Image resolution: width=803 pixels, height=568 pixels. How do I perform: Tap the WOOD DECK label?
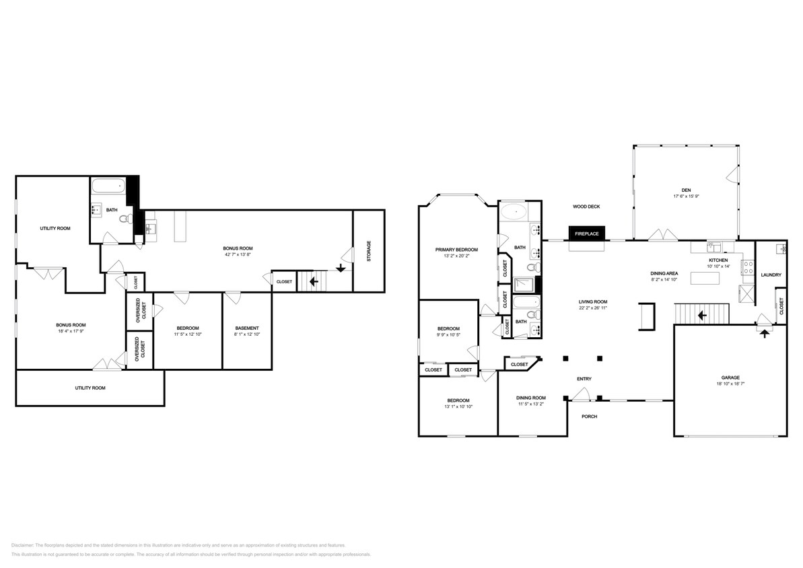click(586, 207)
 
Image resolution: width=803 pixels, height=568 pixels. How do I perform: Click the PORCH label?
click(589, 417)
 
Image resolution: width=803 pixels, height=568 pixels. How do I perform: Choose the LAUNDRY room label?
click(771, 275)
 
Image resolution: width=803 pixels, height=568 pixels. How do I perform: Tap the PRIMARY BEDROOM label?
click(456, 250)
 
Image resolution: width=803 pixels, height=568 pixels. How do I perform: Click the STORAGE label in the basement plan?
click(368, 252)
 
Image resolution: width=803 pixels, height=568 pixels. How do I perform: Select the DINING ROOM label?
click(531, 398)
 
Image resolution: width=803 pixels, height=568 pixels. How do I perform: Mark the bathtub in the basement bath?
click(108, 186)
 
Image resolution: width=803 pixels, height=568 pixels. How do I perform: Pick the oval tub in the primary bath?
click(514, 211)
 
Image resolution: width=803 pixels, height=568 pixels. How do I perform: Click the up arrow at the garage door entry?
click(764, 333)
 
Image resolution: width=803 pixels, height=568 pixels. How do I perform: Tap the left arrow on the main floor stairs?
click(701, 315)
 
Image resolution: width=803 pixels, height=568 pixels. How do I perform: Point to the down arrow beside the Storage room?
click(341, 267)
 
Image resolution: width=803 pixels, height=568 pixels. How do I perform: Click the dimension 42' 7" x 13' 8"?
click(238, 255)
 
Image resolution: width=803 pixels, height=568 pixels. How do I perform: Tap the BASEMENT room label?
click(246, 328)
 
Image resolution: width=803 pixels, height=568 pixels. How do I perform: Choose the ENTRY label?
click(584, 379)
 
